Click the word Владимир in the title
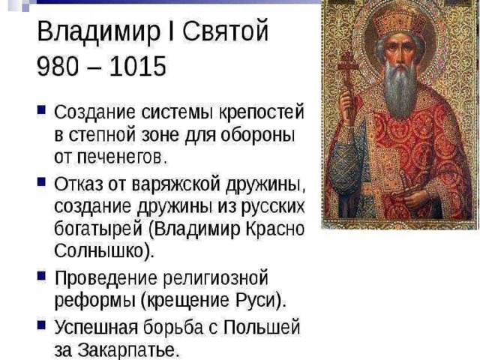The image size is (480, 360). pyautogui.click(x=98, y=31)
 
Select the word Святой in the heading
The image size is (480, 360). pyautogui.click(x=226, y=31)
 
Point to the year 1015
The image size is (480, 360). pyautogui.click(x=138, y=66)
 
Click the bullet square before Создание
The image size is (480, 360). pyautogui.click(x=41, y=109)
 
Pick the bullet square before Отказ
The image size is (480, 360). pyautogui.click(x=41, y=181)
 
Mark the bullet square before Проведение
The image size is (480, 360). pyautogui.click(x=41, y=275)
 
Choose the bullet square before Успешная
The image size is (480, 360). pyautogui.click(x=41, y=325)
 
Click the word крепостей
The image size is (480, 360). pyautogui.click(x=262, y=112)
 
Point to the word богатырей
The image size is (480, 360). pyautogui.click(x=98, y=229)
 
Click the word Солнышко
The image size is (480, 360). pyautogui.click(x=99, y=251)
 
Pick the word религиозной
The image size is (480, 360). pyautogui.click(x=215, y=279)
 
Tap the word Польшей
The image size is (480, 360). pyautogui.click(x=262, y=327)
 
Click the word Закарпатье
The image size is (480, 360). pyautogui.click(x=127, y=349)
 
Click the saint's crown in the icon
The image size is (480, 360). pyautogui.click(x=398, y=21)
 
